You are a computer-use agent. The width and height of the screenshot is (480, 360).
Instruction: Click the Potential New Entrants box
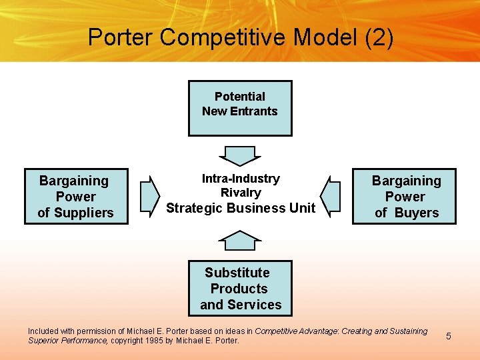tap(240, 108)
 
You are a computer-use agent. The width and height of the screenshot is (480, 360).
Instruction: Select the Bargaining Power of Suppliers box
tap(76, 196)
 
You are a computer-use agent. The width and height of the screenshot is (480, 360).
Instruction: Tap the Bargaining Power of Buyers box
tap(405, 196)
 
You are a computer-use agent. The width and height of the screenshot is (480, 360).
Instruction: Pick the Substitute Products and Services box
tap(240, 288)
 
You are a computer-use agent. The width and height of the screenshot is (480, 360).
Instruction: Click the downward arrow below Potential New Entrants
tap(240, 156)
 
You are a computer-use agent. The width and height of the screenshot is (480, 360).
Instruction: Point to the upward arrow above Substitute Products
tap(240, 240)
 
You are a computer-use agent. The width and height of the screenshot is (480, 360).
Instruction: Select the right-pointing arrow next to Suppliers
tap(151, 196)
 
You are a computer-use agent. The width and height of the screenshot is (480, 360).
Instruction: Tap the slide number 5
tap(449, 336)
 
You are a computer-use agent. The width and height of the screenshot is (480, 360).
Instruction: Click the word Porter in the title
tap(120, 37)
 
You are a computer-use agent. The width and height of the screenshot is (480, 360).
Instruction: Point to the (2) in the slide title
tap(379, 37)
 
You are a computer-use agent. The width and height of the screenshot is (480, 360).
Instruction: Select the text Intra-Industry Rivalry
tap(241, 185)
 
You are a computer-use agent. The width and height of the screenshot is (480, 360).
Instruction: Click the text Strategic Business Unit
tap(241, 208)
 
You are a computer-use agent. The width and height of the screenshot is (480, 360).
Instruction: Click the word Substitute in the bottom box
tap(237, 273)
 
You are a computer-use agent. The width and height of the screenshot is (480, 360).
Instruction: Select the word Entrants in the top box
tap(253, 111)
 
